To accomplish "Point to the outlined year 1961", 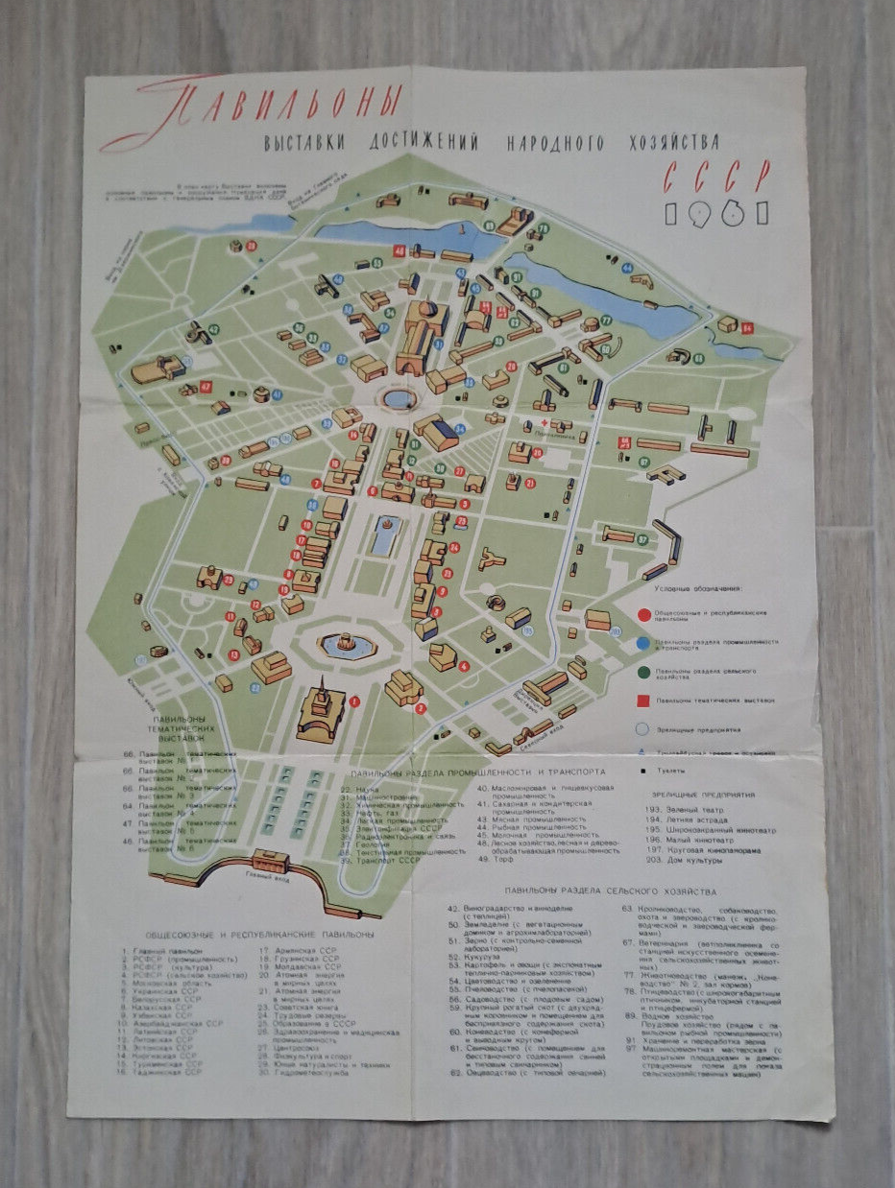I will click(716, 212).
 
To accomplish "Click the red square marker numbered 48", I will click(399, 251).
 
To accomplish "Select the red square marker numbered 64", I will click(748, 328).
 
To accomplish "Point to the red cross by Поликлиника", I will click(543, 423).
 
